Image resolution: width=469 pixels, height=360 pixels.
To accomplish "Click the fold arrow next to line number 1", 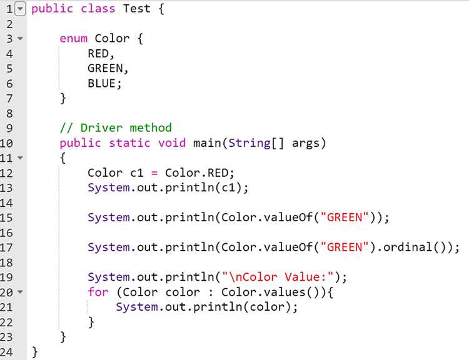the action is point(20,9).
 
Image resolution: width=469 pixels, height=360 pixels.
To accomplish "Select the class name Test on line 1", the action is point(137,8).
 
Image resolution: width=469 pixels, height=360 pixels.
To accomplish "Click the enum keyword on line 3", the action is point(74,39).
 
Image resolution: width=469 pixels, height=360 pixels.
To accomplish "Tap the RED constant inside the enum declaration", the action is point(98,54).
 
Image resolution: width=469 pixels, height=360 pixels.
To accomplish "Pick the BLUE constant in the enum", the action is point(102,83).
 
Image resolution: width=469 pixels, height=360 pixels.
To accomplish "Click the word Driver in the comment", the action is point(101,128).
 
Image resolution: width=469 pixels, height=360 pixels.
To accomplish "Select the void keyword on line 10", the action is point(172,143).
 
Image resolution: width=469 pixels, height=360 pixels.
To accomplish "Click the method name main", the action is point(207,143).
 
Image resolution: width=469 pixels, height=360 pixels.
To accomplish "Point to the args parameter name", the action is point(306,144).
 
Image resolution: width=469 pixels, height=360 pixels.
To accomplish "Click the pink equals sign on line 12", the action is point(154,173).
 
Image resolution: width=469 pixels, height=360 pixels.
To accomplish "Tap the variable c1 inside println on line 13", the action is point(228,187).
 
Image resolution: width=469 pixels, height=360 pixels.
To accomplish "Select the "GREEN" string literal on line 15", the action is point(345,217).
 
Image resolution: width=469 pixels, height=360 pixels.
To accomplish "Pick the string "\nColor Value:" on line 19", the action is point(278,277).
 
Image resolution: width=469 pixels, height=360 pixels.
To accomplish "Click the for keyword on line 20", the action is point(98,292).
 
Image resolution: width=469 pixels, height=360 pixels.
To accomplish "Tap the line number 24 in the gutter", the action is point(7,352).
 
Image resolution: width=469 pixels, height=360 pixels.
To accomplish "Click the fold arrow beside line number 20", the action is point(20,291).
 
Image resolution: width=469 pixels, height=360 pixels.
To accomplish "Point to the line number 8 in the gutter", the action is point(9,113).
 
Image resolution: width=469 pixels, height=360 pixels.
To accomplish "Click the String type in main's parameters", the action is point(250,143).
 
